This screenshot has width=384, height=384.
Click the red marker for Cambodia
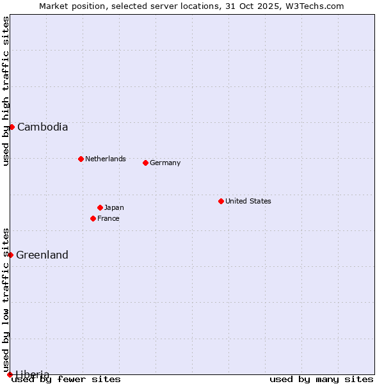[12, 127]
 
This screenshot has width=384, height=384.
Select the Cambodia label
[42, 127]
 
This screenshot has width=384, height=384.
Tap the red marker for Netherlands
[81, 159]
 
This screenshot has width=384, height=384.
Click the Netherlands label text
[105, 159]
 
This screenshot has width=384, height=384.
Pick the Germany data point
[145, 163]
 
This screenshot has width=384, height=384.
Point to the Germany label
[165, 163]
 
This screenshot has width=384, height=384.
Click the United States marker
[221, 201]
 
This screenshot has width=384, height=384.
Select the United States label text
[248, 201]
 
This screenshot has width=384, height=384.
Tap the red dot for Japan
[100, 207]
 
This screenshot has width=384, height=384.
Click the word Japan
[114, 207]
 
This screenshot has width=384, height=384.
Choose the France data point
[93, 218]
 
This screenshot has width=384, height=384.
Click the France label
[108, 218]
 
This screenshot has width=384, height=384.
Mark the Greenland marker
[10, 255]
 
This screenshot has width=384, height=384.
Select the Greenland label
[42, 255]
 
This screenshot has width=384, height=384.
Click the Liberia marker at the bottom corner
[10, 374]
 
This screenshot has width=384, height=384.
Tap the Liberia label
[32, 374]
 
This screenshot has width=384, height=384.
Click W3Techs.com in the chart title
[316, 6]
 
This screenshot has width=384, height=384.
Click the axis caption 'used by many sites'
[321, 380]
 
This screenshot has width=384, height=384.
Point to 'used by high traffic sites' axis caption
[6, 91]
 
